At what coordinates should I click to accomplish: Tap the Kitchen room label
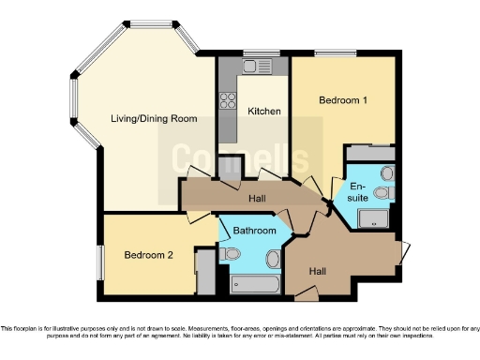coord(263,112)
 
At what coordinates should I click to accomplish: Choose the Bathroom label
coord(255,231)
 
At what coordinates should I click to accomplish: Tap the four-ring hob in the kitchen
coord(226,97)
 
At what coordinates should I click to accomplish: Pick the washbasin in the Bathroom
coord(273,258)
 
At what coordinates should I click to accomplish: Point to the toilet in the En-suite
coord(381,193)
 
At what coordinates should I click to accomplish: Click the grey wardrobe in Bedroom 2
coord(204,272)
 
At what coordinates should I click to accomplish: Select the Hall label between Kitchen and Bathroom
coord(257,199)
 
